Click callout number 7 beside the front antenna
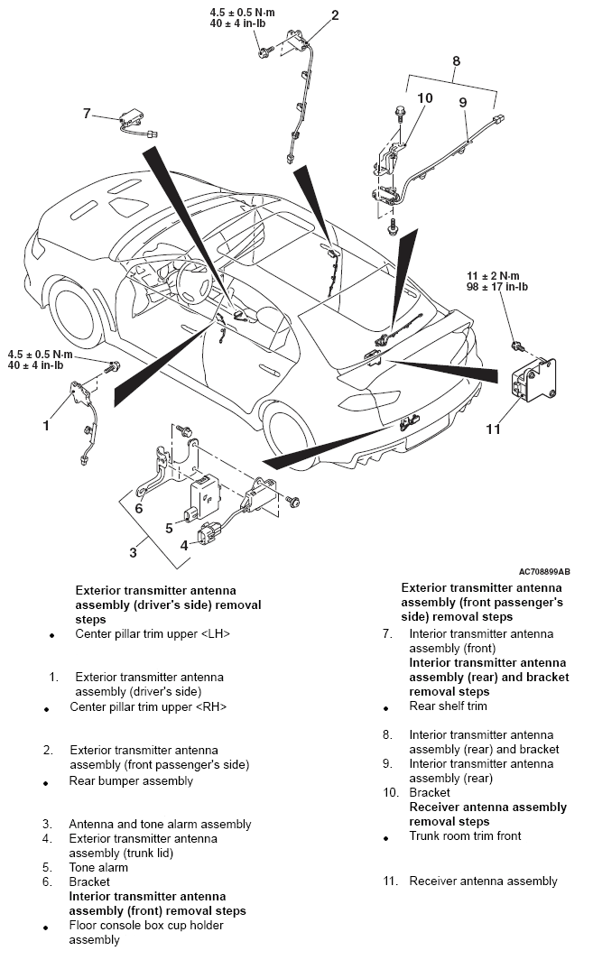[x=87, y=114]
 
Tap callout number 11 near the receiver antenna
[x=493, y=429]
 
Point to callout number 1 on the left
[x=46, y=425]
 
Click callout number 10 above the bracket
[x=425, y=97]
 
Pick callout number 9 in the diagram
[x=463, y=103]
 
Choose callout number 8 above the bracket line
[x=456, y=61]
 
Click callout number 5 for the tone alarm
[x=168, y=528]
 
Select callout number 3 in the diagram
[x=133, y=550]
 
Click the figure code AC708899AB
[x=544, y=571]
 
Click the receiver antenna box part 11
[x=533, y=381]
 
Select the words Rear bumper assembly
[x=131, y=780]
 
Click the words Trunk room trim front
[x=465, y=836]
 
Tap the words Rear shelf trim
[x=448, y=706]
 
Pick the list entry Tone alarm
[x=98, y=867]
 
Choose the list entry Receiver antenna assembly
[x=483, y=881]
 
